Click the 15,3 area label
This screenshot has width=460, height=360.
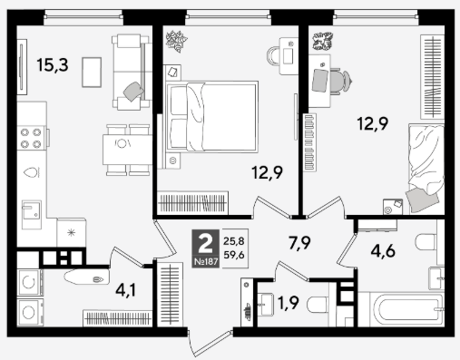tap(53, 64)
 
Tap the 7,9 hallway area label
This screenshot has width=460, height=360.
tap(299, 243)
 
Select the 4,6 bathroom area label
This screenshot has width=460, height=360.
tap(383, 250)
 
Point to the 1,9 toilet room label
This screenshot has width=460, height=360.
tap(289, 303)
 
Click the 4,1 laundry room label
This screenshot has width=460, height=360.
tap(126, 290)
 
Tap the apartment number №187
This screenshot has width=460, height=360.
tap(206, 262)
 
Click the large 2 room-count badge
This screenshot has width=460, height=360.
tap(205, 245)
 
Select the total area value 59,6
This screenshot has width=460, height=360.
tap(234, 255)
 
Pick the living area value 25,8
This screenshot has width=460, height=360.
tap(234, 241)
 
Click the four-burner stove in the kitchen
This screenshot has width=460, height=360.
tap(31, 138)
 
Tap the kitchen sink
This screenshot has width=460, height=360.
tap(32, 214)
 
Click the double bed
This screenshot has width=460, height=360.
tap(212, 116)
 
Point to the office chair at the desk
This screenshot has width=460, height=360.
tap(340, 81)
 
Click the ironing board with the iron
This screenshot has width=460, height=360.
tap(86, 277)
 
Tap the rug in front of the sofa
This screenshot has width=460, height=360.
tap(92, 73)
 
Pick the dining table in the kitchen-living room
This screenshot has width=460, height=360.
tap(127, 150)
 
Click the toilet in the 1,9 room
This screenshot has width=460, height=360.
tap(318, 305)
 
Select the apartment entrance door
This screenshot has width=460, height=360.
tap(210, 343)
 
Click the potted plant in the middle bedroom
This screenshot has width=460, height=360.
tap(177, 41)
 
